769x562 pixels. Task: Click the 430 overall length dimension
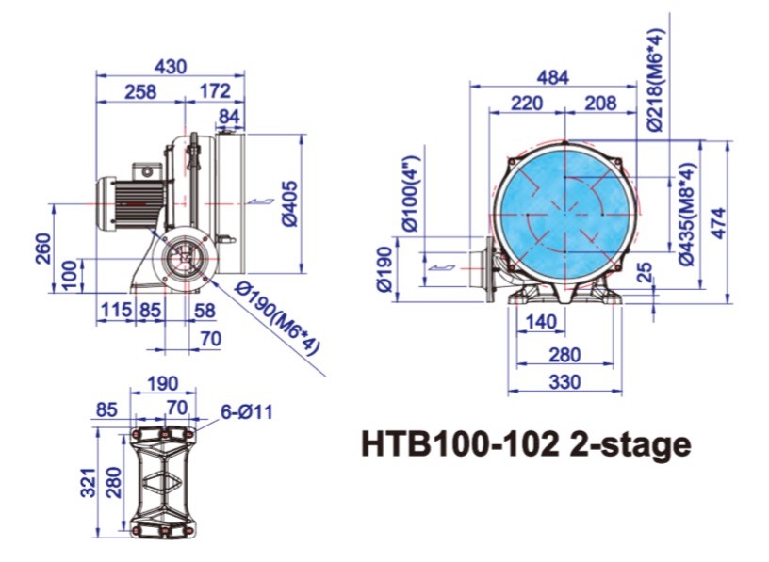[x=170, y=67]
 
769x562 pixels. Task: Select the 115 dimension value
[x=115, y=309]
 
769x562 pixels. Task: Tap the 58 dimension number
[x=205, y=309]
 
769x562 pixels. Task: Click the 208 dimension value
[x=600, y=103]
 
